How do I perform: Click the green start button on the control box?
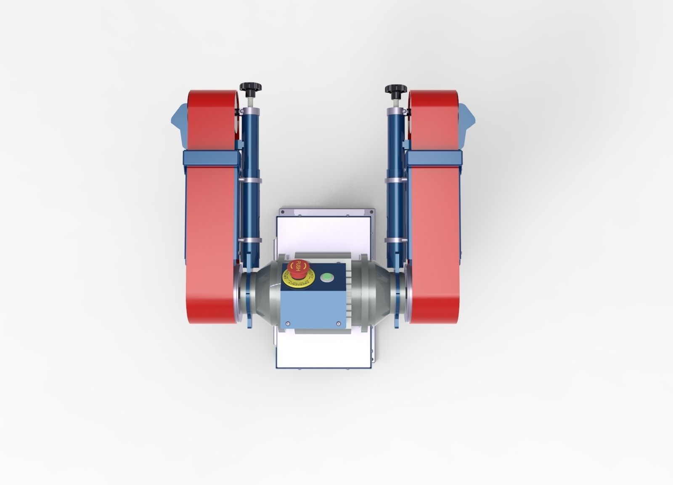click(x=326, y=277)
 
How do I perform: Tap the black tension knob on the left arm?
click(x=251, y=88)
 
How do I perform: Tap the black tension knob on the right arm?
click(x=396, y=89)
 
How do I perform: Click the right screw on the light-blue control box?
click(x=338, y=323)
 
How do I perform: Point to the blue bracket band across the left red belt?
click(x=209, y=158)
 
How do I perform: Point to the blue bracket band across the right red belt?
click(x=434, y=158)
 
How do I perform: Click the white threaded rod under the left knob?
click(x=251, y=101)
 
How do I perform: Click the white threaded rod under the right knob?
click(x=396, y=101)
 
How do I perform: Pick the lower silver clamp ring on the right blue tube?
click(x=396, y=241)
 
